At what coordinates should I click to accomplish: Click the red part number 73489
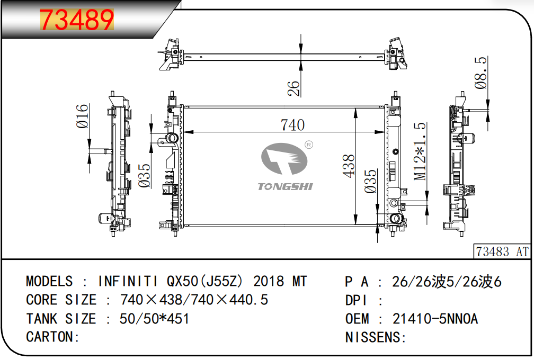point(77,20)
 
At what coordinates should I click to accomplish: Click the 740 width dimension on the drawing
point(292,125)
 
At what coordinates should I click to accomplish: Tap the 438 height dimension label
point(349,166)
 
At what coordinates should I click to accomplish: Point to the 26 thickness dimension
point(293,88)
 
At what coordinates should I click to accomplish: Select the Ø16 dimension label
point(82,116)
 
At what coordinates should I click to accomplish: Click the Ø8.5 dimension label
point(480,73)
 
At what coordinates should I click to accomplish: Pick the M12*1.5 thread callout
point(420,151)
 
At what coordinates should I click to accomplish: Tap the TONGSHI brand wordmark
point(285,186)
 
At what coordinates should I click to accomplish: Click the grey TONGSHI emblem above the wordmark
point(284,159)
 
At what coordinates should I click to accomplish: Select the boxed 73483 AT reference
point(502,252)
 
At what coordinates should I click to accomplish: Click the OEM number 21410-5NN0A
point(435,319)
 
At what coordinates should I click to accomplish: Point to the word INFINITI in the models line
point(128,282)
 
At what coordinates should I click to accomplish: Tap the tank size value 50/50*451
point(154,319)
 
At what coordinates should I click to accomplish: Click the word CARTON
point(50,337)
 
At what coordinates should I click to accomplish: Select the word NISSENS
point(373,337)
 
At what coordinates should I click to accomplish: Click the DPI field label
point(356,301)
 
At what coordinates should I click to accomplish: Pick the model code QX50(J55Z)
point(205,282)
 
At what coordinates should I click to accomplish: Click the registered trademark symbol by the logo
point(308,145)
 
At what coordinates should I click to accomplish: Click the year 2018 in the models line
point(269,282)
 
